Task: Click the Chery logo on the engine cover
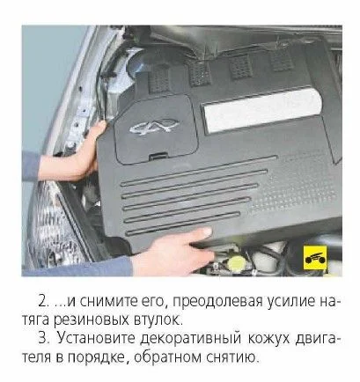tap(154, 127)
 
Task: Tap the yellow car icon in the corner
tap(315, 258)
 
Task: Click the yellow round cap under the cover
tap(238, 262)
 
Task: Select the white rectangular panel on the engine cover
tap(262, 111)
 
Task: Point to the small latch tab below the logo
tap(158, 156)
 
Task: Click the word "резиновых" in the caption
tap(92, 320)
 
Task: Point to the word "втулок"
tap(157, 320)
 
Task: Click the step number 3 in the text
tap(42, 338)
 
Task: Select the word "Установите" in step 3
tap(96, 338)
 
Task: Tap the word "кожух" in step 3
tap(269, 339)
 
